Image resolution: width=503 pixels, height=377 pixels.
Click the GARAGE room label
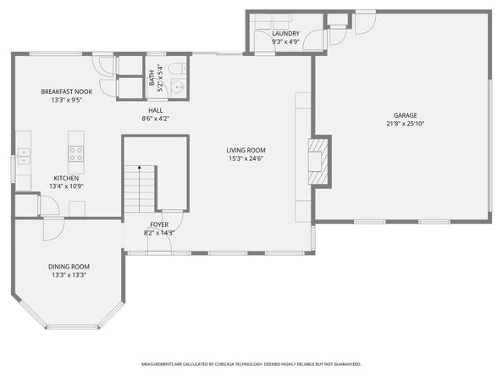tap(406, 115)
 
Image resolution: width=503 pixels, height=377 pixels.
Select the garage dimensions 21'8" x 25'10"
tap(406, 124)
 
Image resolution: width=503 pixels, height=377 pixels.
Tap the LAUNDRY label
tap(285, 34)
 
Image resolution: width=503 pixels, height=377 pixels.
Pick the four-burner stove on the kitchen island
tap(76, 153)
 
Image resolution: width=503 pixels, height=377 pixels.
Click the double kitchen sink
tap(23, 153)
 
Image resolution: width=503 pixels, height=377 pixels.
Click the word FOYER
tap(159, 225)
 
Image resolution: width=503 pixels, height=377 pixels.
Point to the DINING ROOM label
tap(68, 267)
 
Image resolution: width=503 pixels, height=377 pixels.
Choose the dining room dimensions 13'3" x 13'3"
tap(68, 275)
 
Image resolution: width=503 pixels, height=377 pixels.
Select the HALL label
tap(156, 110)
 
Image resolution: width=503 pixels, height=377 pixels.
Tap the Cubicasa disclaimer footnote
tap(251, 366)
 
